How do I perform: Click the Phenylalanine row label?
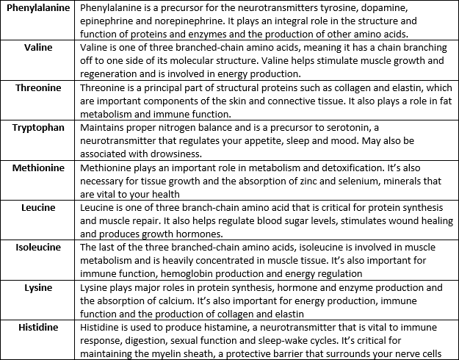38,7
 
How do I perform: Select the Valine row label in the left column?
37,47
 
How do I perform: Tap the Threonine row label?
38,87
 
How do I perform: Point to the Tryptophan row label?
38,128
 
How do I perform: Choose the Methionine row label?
38,168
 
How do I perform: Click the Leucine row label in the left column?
38,208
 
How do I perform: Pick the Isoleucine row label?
38,248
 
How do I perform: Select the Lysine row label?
38,287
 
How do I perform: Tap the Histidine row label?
38,327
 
